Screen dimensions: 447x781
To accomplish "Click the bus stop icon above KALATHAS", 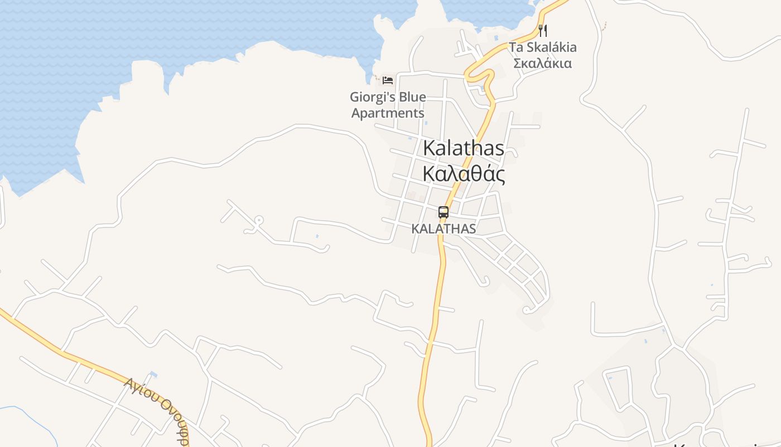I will (443, 212).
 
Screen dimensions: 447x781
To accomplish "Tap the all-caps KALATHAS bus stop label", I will (443, 229).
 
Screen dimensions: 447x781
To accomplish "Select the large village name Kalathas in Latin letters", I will (464, 148).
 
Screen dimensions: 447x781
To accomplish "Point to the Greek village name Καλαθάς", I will (464, 174).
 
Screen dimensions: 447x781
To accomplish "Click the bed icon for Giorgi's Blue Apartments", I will (388, 80).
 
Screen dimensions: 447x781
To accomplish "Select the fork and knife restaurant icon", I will (542, 30).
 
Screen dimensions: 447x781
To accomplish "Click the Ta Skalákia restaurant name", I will (542, 47).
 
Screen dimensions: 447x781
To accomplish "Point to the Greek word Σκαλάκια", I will (542, 63).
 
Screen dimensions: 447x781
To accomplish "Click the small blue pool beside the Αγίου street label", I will (153, 374).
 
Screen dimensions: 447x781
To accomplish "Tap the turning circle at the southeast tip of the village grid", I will (526, 310).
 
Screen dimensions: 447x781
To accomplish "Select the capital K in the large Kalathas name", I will (429, 148).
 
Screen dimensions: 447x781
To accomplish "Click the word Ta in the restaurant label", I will (515, 47).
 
